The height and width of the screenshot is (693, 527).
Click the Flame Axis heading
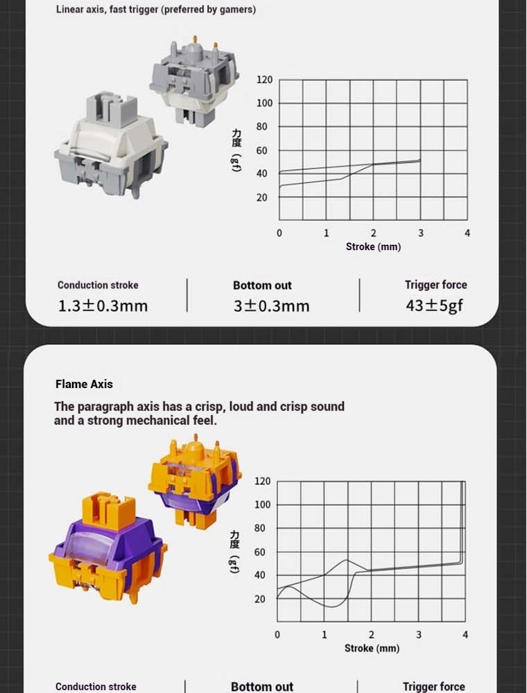[x=84, y=384]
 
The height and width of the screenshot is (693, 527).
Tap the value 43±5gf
[x=435, y=306]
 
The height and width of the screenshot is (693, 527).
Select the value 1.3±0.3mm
[x=103, y=306]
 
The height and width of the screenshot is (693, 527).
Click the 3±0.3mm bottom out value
[x=271, y=306]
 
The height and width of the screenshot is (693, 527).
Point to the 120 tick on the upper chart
[x=264, y=80]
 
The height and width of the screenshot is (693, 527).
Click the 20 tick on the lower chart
[x=260, y=599]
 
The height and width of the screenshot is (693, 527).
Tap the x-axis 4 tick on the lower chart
[x=465, y=635]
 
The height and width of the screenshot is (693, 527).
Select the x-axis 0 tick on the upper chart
[x=279, y=233]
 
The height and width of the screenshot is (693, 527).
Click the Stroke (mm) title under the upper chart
[x=373, y=247]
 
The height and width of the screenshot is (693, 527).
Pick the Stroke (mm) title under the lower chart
[x=372, y=649]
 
